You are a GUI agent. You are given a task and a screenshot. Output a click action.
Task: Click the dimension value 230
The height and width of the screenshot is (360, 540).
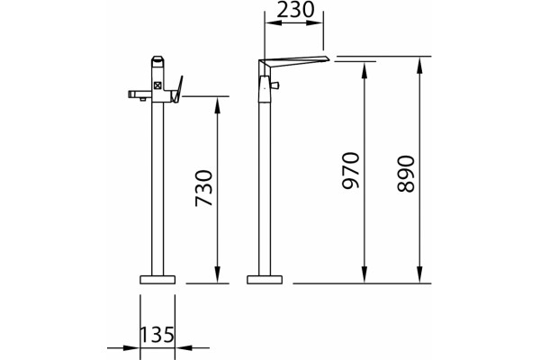(295, 10)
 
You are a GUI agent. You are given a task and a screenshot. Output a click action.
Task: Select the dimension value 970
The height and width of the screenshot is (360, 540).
(351, 170)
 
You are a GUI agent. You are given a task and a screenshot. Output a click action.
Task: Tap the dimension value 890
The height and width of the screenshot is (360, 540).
(406, 174)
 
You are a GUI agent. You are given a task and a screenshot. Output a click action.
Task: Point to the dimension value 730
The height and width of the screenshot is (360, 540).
(204, 188)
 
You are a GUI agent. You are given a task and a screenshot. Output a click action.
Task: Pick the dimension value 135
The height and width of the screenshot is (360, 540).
(157, 334)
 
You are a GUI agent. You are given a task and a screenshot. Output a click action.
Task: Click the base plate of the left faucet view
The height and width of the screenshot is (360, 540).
(157, 280)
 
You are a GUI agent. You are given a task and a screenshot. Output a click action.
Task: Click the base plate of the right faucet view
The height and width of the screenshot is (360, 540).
(265, 280)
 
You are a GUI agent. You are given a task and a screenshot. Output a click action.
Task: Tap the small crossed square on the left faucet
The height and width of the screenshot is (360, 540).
(157, 85)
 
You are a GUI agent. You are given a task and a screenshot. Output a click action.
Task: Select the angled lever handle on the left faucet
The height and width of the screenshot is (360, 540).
(177, 89)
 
